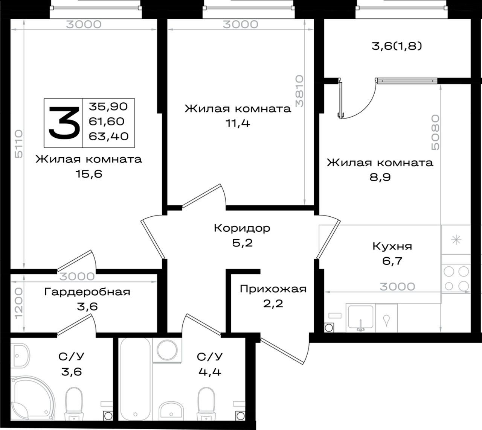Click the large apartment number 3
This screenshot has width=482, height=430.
click(64, 123)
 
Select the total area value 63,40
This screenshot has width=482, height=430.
click(109, 137)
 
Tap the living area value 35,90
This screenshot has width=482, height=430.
click(108, 107)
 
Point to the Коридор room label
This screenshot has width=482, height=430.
click(242, 228)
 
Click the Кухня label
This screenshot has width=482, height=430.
click(392, 246)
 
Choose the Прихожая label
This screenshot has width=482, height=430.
click(273, 289)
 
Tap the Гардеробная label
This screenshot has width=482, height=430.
click(87, 292)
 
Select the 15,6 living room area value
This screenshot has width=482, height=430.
click(89, 174)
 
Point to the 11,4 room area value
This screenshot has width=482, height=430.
click(238, 123)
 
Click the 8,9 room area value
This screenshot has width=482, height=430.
click(380, 178)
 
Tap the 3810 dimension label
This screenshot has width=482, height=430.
click(299, 91)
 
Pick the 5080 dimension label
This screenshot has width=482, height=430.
click(435, 132)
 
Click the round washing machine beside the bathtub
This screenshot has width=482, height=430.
click(167, 350)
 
